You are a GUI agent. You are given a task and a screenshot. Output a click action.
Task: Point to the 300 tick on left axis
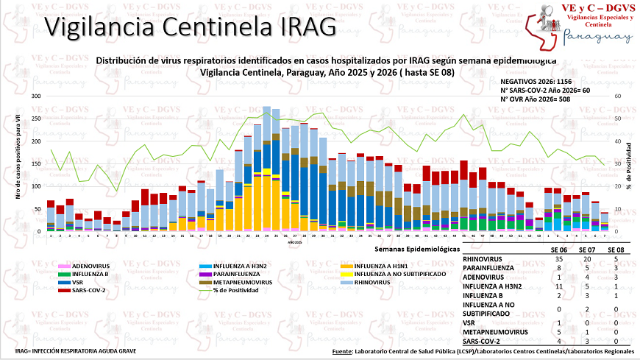coord(36,96)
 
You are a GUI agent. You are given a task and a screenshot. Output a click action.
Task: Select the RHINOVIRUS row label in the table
coord(484,260)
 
